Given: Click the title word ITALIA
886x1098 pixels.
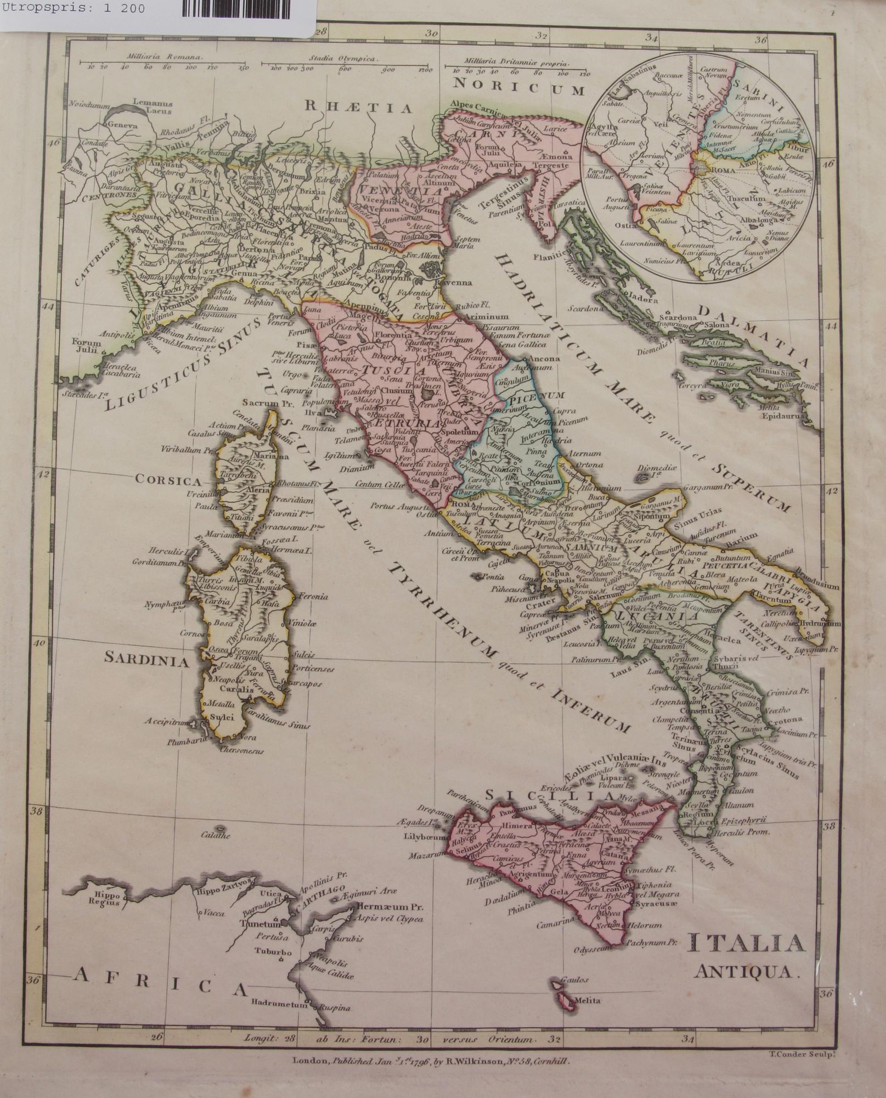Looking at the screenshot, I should (746, 944).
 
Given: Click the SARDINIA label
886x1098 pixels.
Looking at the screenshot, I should (146, 661).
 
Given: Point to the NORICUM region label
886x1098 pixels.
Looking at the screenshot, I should (519, 86).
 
